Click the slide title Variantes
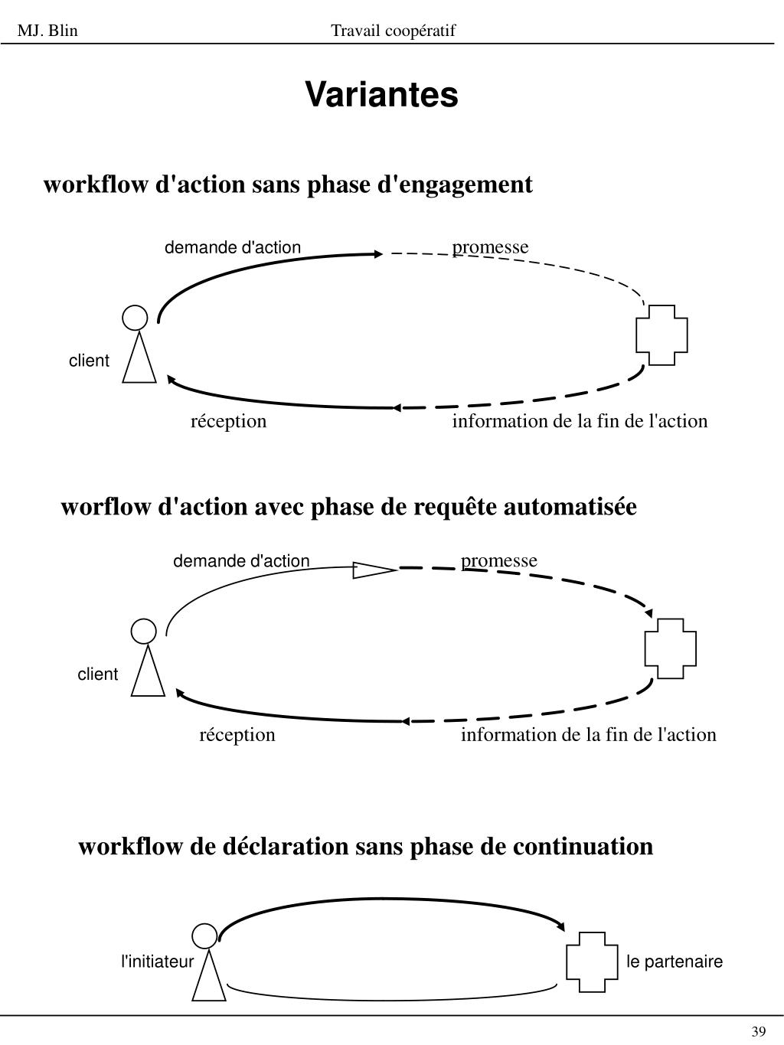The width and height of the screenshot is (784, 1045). pos(381,95)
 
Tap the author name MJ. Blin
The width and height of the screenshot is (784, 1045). pos(47,31)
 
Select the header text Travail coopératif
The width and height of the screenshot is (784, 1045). pos(393,31)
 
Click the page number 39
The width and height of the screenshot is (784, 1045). pos(759,1031)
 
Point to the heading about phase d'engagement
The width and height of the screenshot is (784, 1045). pos(288,185)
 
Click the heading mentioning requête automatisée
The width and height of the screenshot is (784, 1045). pos(348,507)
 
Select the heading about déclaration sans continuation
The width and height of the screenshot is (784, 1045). pos(365,847)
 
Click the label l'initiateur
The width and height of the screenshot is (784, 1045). pos(158,962)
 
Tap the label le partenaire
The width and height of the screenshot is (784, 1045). pos(674,962)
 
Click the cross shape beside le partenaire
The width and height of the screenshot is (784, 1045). pos(592,962)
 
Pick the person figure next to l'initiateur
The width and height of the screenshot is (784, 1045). pos(207,963)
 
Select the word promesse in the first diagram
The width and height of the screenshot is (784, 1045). pos(490,247)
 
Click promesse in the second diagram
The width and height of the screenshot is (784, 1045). pos(499,560)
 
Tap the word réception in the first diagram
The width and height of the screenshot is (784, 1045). pos(228,421)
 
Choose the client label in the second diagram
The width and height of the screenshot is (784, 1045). pos(97,674)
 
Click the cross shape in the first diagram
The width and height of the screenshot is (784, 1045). pos(661,335)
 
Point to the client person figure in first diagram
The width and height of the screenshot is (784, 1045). pos(138,345)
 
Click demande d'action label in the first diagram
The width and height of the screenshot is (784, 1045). pos(233,247)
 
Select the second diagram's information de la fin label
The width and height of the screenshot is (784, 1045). pos(588,735)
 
